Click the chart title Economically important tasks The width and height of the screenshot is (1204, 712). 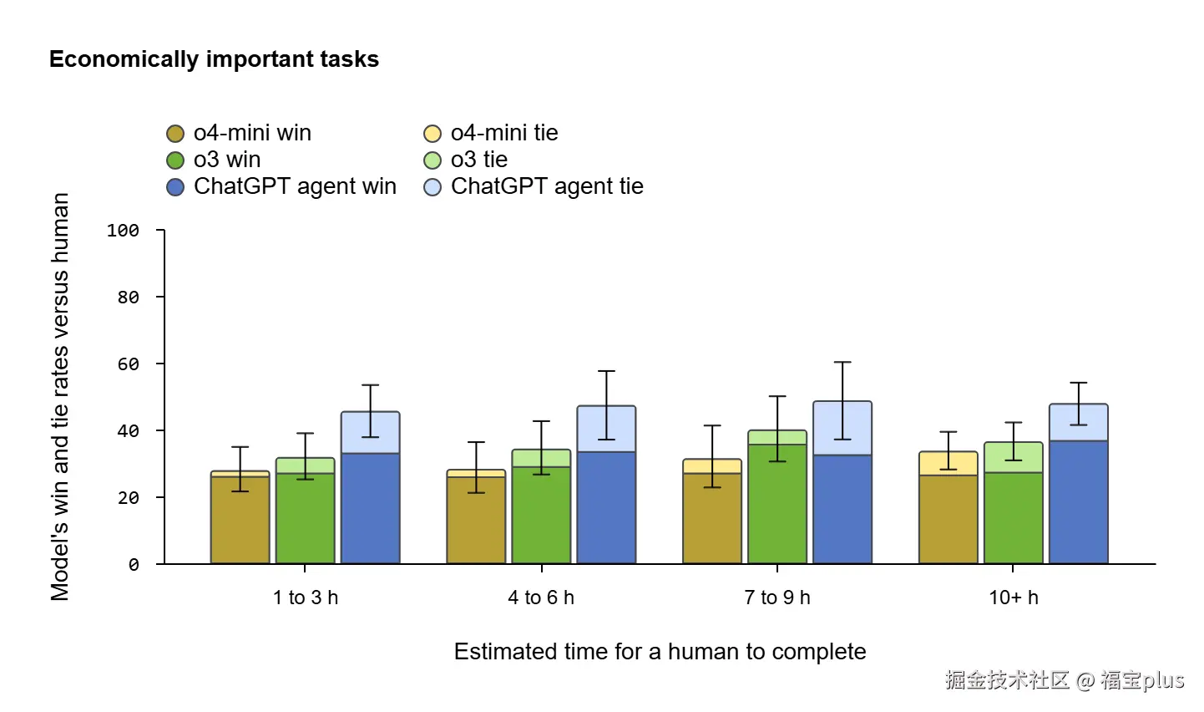click(x=214, y=59)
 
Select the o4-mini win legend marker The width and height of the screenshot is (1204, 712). click(x=175, y=134)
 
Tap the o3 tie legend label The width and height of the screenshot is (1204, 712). click(x=478, y=160)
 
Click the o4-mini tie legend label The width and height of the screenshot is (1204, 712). click(x=503, y=133)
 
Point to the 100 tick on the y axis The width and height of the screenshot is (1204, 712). click(x=123, y=231)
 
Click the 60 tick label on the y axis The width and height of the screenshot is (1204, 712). click(x=128, y=364)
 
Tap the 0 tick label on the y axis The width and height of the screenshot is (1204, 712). click(x=134, y=565)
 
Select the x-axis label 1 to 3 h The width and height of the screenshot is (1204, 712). click(x=306, y=598)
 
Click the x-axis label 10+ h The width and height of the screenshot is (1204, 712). click(x=1014, y=598)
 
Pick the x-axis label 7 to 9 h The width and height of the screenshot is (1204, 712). click(x=777, y=598)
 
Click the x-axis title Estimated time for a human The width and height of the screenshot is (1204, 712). click(x=660, y=652)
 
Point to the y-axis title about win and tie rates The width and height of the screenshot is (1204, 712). click(x=60, y=397)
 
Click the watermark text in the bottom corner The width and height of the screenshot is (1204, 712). click(x=1065, y=680)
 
